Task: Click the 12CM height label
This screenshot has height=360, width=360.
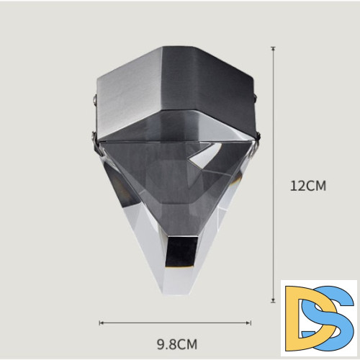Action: click(308, 186)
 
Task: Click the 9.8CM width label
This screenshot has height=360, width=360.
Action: click(177, 344)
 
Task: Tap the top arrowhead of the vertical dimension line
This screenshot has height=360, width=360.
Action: click(273, 48)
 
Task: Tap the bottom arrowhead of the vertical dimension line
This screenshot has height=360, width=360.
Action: click(273, 301)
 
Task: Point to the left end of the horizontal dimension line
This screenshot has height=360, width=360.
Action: click(99, 323)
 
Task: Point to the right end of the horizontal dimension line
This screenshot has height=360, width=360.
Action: click(251, 323)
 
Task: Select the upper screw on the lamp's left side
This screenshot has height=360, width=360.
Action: click(95, 100)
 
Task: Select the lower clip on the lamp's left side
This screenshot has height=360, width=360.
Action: click(96, 143)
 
